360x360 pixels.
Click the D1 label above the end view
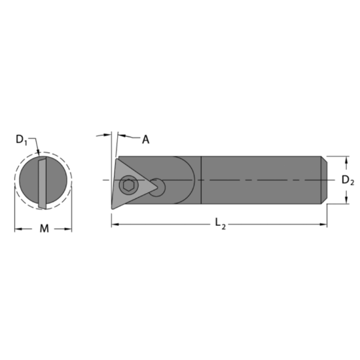click(x=22, y=139)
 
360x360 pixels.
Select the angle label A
click(x=145, y=139)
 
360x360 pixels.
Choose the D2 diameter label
click(x=348, y=180)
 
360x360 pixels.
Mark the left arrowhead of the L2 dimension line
click(x=114, y=225)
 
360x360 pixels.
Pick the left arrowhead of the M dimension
click(x=18, y=228)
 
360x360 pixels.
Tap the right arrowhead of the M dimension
click(x=69, y=228)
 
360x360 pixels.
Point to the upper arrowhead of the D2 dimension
click(x=343, y=159)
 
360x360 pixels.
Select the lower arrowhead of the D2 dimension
click(x=343, y=202)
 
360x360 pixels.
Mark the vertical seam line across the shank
click(x=200, y=180)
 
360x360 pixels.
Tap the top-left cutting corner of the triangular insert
click(x=118, y=158)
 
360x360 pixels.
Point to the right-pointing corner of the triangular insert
click(x=160, y=190)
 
